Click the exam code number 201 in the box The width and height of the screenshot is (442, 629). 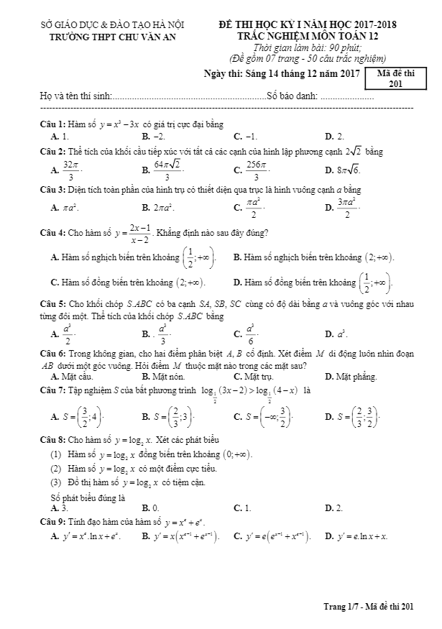tap(395, 85)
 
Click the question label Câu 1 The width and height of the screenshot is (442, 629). tap(52, 124)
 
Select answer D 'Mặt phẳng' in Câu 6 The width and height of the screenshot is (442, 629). tap(349, 375)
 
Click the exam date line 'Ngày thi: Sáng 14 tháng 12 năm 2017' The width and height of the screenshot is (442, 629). tap(282, 74)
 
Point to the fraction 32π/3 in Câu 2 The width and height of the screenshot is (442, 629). tap(70, 170)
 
